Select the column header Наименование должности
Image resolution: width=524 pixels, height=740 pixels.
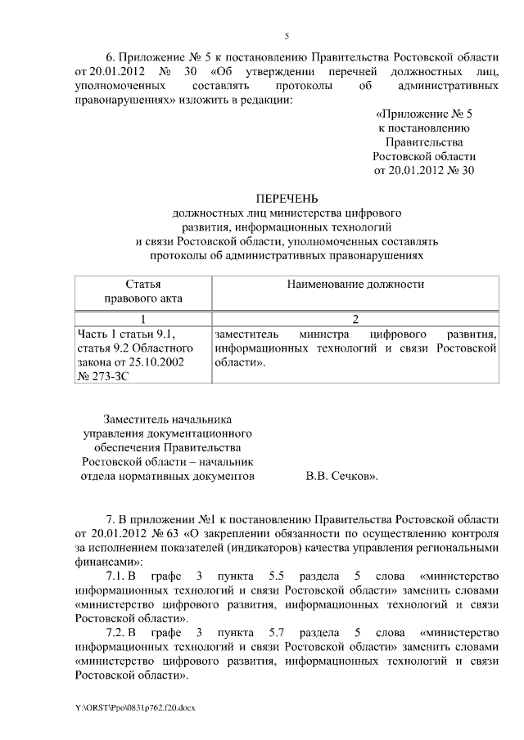click(x=355, y=284)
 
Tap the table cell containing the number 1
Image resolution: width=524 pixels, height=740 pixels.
click(x=142, y=319)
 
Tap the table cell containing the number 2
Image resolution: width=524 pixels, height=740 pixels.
click(x=355, y=319)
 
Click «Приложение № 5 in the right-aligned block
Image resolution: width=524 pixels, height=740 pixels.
click(x=423, y=114)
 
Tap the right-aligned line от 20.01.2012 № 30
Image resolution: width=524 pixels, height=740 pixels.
click(x=423, y=170)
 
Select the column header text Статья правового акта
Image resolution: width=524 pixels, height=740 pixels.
click(x=142, y=291)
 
